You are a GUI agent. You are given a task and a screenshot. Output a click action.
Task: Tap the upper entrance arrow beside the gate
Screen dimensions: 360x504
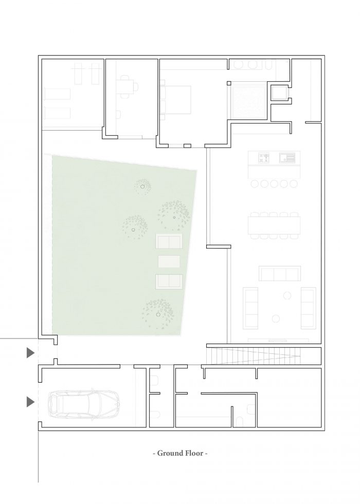(x=30, y=353)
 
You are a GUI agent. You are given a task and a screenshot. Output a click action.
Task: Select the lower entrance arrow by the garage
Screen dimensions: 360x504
(x=30, y=402)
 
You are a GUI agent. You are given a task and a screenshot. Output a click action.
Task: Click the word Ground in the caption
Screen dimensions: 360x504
(x=171, y=454)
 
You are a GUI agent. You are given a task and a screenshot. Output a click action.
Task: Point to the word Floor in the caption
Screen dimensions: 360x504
(x=195, y=453)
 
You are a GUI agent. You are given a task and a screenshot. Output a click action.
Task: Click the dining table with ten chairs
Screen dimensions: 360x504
(x=274, y=225)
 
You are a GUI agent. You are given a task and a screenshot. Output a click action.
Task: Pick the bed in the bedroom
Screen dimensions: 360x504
(x=175, y=99)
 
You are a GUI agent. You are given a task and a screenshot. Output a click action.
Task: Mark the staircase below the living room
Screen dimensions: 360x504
(x=254, y=356)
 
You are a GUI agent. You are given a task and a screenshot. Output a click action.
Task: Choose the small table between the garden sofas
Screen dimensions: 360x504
(x=169, y=262)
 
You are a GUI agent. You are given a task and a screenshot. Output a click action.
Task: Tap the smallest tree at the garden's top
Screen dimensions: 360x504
(x=143, y=186)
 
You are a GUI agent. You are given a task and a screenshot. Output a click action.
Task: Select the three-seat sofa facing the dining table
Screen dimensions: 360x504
(x=280, y=274)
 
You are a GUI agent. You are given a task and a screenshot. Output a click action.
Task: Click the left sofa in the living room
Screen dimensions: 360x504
(x=251, y=308)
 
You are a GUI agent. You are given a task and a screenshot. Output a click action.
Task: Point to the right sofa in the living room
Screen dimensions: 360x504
(x=308, y=308)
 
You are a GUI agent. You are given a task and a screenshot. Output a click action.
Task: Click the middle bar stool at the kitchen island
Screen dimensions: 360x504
(x=274, y=184)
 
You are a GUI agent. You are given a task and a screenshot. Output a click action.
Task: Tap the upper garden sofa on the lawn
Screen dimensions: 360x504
(x=169, y=241)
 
